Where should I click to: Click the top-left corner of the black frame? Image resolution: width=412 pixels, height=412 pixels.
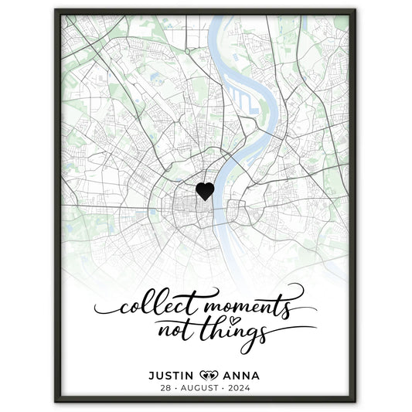[x=56, y=10]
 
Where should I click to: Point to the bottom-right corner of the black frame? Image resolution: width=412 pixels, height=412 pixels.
[x=355, y=401]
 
